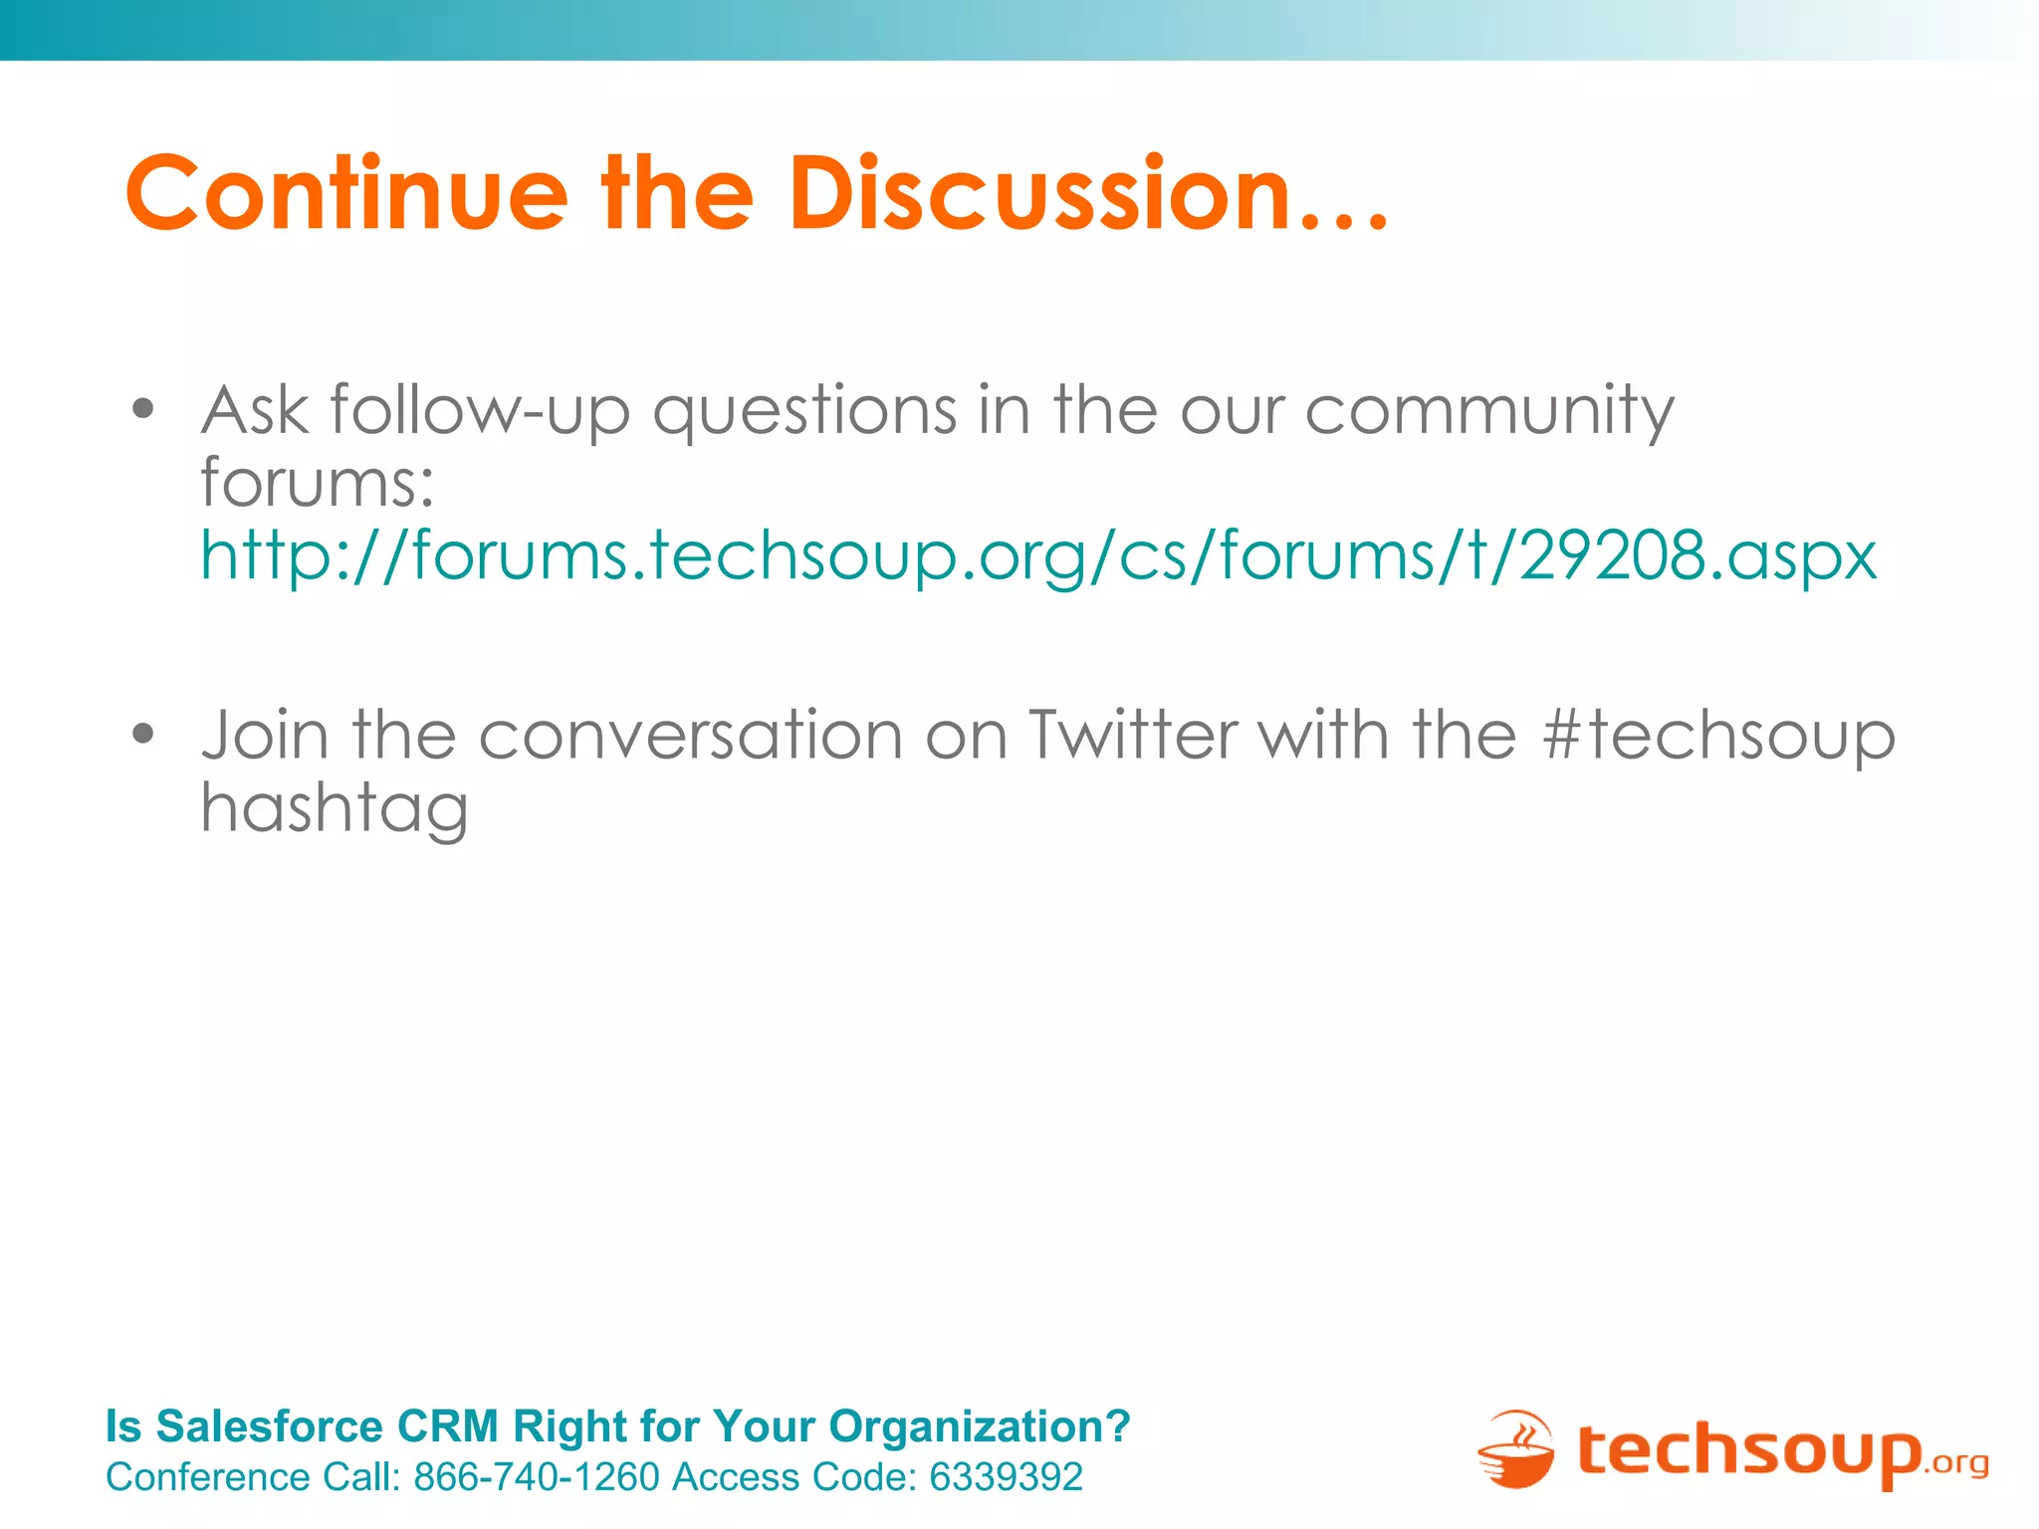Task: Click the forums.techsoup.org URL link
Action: [x=1038, y=555]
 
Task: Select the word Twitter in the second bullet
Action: [x=1134, y=736]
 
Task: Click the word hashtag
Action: [x=335, y=809]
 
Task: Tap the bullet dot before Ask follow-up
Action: [x=144, y=408]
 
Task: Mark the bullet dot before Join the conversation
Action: [x=144, y=735]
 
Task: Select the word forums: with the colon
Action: [x=318, y=483]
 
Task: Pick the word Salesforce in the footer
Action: [x=270, y=1426]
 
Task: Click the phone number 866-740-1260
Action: [x=537, y=1477]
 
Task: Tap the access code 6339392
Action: [x=1006, y=1477]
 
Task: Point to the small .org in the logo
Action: [x=1957, y=1462]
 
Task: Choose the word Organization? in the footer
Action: [x=980, y=1427]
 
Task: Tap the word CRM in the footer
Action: [x=447, y=1426]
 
